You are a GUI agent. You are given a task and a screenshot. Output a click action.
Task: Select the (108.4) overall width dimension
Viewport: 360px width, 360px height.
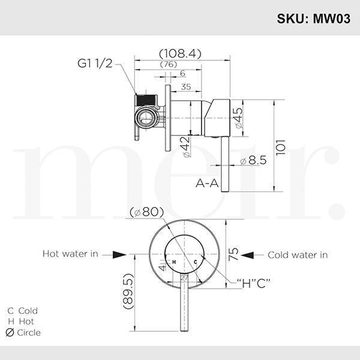[180, 53]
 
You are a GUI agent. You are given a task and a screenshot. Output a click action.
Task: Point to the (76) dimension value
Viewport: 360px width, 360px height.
[169, 65]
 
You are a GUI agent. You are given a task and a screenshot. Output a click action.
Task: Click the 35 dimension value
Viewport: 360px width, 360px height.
[185, 86]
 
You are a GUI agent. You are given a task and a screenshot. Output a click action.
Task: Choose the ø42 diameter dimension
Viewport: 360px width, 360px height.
[187, 146]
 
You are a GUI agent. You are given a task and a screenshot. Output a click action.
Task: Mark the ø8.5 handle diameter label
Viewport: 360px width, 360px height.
[251, 161]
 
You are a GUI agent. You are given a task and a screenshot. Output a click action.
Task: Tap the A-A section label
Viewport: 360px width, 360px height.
[206, 183]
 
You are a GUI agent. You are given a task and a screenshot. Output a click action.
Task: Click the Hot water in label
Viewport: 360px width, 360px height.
[70, 254]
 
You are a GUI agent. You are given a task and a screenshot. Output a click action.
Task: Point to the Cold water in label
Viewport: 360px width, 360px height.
[298, 255]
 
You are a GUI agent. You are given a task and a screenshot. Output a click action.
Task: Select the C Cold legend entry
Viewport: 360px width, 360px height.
[22, 311]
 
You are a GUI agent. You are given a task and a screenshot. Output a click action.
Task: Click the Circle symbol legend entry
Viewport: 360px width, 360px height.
[24, 332]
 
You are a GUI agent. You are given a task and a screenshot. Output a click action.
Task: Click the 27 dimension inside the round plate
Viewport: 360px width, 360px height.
[184, 278]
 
